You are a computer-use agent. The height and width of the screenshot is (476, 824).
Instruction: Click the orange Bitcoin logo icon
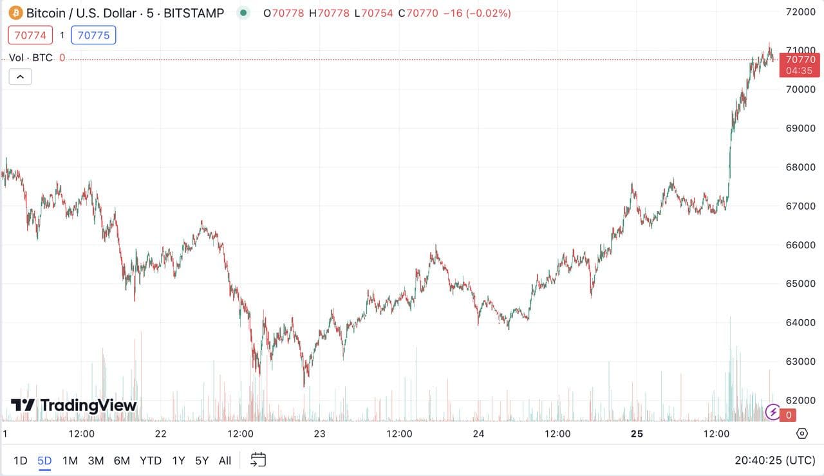15,13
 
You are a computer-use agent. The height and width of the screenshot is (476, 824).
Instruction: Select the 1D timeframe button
21,461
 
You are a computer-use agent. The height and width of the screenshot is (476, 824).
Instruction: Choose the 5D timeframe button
44,461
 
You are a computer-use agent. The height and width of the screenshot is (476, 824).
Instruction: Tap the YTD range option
151,461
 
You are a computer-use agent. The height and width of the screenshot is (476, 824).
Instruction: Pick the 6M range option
122,461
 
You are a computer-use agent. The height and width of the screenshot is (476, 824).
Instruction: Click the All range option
225,461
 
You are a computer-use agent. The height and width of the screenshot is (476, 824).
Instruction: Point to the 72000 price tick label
801,12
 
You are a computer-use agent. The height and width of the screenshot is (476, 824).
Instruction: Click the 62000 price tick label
801,399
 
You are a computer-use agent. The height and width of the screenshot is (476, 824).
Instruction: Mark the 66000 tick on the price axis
801,244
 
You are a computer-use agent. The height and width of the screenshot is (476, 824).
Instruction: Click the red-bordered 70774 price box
30,35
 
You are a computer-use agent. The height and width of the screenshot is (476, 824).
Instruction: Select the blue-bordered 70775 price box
93,35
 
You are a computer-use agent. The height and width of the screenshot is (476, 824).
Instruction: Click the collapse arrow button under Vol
20,77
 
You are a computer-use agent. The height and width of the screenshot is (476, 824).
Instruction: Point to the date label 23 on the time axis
320,434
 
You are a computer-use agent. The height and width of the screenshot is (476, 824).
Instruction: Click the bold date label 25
637,434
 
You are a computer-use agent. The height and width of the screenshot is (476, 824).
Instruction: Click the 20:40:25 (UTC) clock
774,461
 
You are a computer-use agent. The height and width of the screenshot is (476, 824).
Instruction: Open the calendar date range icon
258,460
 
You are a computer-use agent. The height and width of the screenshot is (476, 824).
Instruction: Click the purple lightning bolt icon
773,412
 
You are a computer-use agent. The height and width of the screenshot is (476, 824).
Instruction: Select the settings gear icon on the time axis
802,434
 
